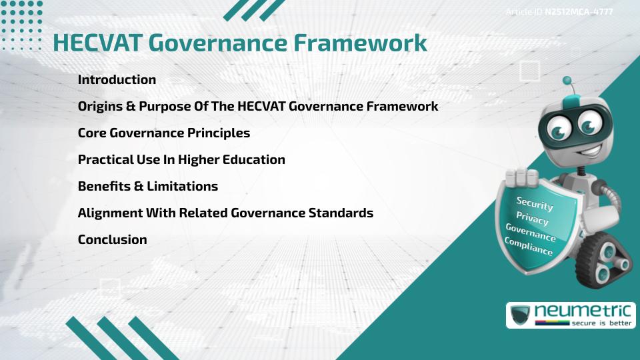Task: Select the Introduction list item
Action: coord(117,79)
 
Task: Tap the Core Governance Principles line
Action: coord(164,133)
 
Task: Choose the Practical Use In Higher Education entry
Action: coord(181,159)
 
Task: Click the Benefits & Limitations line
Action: coord(148,186)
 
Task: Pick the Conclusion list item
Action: coord(113,239)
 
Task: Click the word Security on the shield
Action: coord(535,203)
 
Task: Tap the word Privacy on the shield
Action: coord(532,218)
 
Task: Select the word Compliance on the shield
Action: coord(529,246)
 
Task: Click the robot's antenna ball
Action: coord(567,81)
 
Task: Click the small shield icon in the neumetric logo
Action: coord(520,315)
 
